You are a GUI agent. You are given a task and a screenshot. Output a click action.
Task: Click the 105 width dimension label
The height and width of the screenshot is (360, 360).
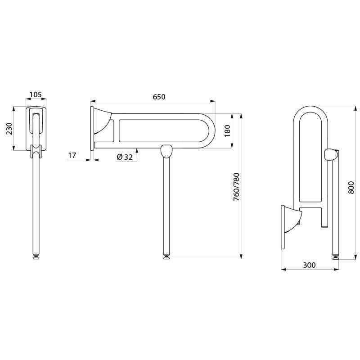[36, 94]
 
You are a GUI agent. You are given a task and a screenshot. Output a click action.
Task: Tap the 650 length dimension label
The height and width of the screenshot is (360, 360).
[159, 97]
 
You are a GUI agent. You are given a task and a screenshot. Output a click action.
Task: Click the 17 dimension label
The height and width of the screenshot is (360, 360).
[72, 155]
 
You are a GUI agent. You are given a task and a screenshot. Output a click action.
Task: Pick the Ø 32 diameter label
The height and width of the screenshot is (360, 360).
[125, 157]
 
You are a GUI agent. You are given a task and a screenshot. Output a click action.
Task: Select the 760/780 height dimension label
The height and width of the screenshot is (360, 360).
[236, 186]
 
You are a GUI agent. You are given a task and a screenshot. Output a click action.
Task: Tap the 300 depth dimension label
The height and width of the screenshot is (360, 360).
[309, 265]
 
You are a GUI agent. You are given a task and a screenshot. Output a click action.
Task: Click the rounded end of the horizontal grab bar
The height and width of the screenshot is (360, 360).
[210, 131]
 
